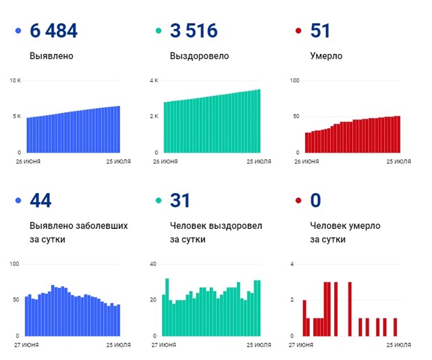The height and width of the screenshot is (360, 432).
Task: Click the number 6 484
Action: click(53, 30)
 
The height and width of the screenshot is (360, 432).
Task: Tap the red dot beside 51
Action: click(298, 30)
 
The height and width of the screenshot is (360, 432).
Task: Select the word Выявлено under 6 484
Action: click(51, 56)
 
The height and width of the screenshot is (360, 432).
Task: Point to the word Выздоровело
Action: click(199, 56)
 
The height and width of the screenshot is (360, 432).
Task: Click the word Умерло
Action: click(326, 56)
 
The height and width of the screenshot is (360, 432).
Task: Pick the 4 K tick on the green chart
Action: click(154, 80)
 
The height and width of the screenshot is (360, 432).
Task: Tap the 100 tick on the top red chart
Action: click(294, 80)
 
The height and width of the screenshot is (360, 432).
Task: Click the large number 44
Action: click(41, 201)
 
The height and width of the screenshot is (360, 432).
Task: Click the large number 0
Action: click(315, 201)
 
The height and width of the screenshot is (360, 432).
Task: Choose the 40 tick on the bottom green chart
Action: click(154, 263)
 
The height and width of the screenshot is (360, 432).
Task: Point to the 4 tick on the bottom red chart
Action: click(292, 263)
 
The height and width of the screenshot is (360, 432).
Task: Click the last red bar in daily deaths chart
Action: click(396, 327)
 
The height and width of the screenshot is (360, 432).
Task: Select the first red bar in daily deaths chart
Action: click(304, 318)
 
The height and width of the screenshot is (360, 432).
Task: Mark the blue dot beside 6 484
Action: click(18, 30)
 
